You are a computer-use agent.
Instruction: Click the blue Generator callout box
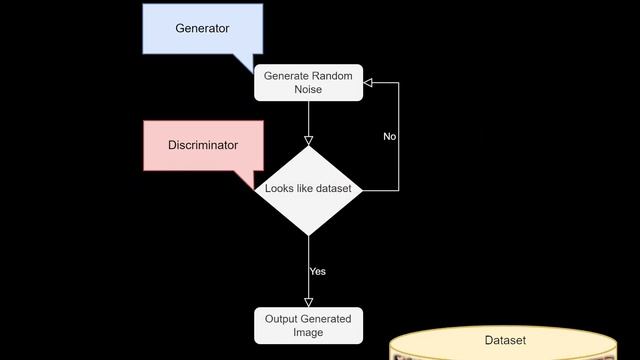pyautogui.click(x=202, y=28)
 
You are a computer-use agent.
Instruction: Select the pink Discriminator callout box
pyautogui.click(x=203, y=146)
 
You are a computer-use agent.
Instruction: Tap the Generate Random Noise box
pyautogui.click(x=308, y=82)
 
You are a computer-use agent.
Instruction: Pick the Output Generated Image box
pyautogui.click(x=308, y=326)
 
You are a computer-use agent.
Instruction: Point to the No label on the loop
pyautogui.click(x=390, y=136)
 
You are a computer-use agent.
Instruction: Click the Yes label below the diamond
pyautogui.click(x=317, y=271)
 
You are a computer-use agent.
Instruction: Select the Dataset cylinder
pyautogui.click(x=504, y=346)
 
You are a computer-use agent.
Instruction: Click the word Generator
pyautogui.click(x=202, y=28)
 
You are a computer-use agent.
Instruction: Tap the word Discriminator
pyautogui.click(x=203, y=146)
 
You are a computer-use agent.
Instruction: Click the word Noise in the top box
pyautogui.click(x=308, y=90)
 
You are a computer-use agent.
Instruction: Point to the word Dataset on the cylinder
pyautogui.click(x=505, y=340)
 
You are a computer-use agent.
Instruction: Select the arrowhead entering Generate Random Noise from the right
pyautogui.click(x=369, y=82)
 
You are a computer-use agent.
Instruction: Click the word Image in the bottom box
pyautogui.click(x=308, y=333)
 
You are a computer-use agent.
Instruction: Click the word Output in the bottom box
pyautogui.click(x=282, y=319)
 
